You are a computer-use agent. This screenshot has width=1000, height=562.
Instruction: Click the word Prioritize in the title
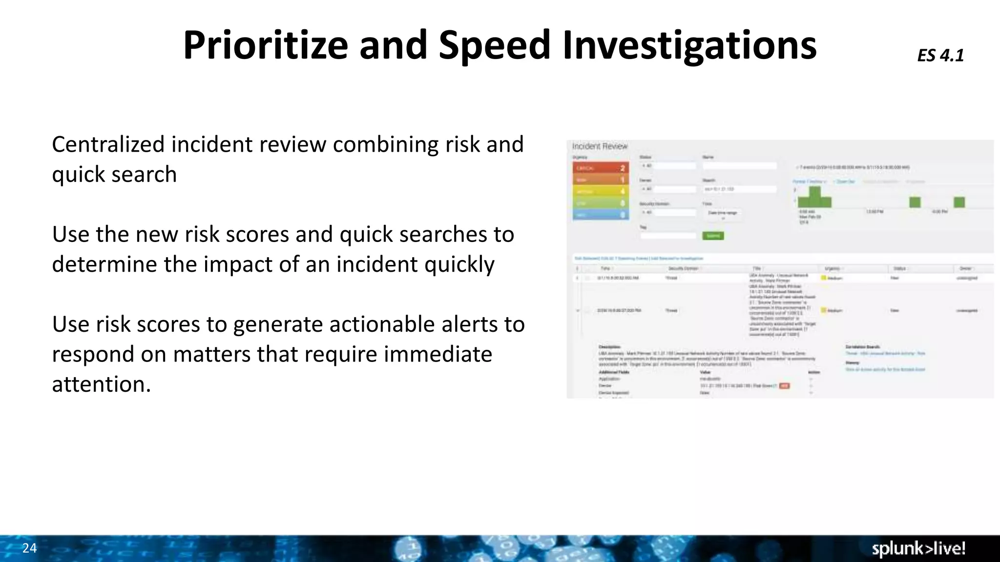(x=265, y=45)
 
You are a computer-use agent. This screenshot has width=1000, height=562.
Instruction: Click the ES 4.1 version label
(x=940, y=55)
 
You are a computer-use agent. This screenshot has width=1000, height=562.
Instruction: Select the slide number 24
(x=29, y=548)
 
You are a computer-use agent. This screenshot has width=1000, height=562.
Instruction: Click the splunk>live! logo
(x=918, y=549)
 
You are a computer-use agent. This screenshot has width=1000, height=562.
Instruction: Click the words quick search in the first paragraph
(x=114, y=174)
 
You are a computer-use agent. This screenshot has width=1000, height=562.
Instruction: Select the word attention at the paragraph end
(x=101, y=384)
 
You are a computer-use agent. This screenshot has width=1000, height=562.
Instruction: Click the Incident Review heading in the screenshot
(x=599, y=146)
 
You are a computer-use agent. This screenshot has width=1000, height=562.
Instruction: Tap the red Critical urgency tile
(x=600, y=168)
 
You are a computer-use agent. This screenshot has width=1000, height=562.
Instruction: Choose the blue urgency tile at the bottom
(x=600, y=215)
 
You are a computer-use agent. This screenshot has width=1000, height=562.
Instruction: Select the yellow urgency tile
(x=600, y=191)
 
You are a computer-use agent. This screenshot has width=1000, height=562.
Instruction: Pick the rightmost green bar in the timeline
(x=959, y=202)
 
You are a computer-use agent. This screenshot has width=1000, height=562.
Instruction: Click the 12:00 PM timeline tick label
(x=874, y=212)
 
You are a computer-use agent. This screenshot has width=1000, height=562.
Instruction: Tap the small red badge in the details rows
(x=784, y=386)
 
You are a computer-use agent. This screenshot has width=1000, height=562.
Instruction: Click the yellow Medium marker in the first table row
(x=823, y=278)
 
